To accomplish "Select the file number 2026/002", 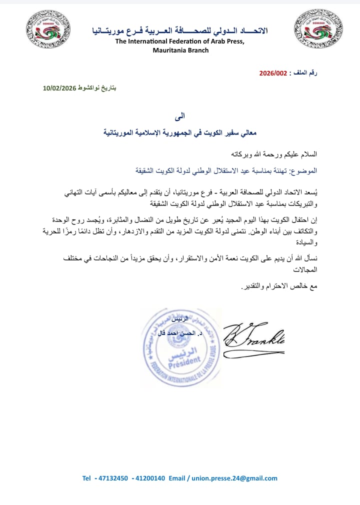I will tap(273, 73).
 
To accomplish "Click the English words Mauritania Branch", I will tap(181, 50).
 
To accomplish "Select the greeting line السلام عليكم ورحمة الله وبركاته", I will tap(273, 154).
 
